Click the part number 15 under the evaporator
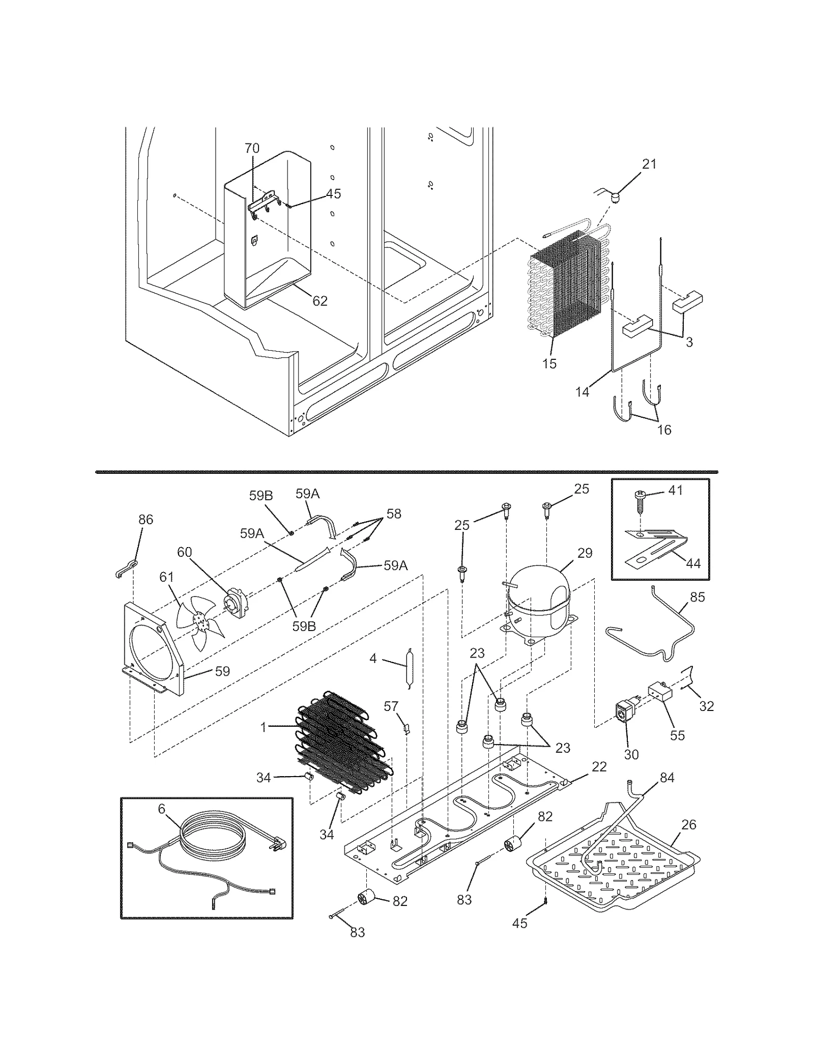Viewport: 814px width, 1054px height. coord(549,364)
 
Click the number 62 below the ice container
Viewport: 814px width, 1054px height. coord(319,301)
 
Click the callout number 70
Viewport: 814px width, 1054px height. coord(252,148)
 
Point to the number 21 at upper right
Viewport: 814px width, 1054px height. coord(649,164)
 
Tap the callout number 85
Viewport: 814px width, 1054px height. coord(697,597)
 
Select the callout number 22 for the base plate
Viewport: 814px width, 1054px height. coord(599,766)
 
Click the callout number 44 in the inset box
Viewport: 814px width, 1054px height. coord(693,563)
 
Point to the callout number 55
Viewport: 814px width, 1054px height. coord(677,735)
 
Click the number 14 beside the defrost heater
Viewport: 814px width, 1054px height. coord(583,392)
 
